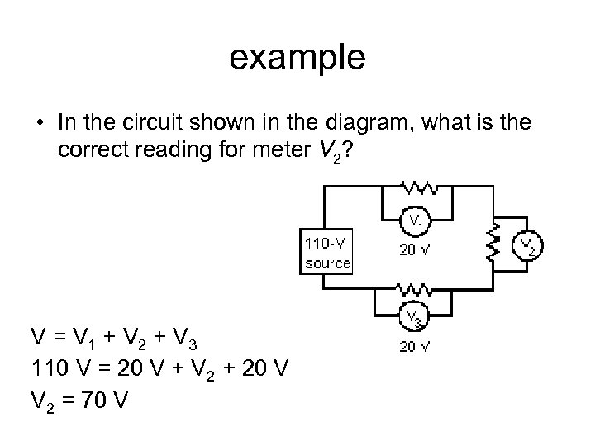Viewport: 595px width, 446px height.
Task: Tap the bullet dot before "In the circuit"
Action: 40,124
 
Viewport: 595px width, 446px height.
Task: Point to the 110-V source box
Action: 328,254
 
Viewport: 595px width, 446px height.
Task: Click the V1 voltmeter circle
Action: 414,221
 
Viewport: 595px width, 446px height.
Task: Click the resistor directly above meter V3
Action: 414,288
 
